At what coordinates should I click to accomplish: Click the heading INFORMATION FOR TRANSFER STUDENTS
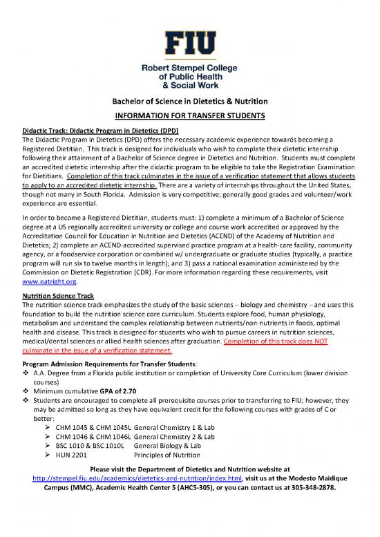click(x=190, y=115)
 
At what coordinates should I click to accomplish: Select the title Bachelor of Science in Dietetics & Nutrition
click(x=190, y=102)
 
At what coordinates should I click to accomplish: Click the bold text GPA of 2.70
click(x=120, y=391)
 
